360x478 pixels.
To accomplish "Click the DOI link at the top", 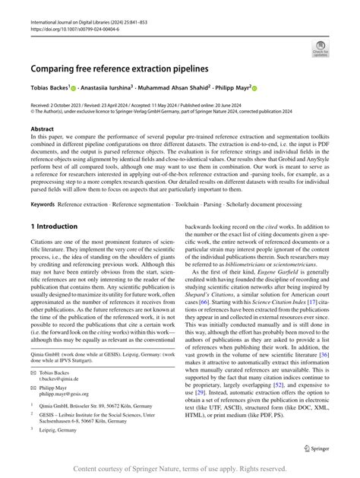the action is (77, 30).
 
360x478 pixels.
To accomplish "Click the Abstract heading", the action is (43, 130).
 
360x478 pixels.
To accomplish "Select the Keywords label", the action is (44, 204).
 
